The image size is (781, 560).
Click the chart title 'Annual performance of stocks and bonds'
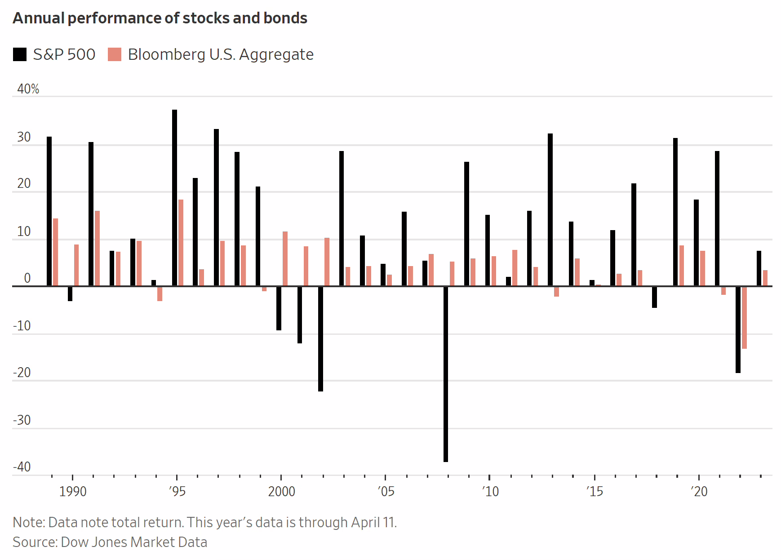pos(160,18)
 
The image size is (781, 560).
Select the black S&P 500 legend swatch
pos(20,54)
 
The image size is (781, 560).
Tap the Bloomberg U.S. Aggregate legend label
pos(221,54)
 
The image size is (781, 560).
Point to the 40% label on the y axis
pos(28,89)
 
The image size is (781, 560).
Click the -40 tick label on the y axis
pos(22,467)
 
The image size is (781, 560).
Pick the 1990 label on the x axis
pos(73,491)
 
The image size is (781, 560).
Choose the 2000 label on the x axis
pos(281,491)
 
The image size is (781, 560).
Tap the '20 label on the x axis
pos(699,491)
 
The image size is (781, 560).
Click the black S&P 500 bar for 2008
pos(446,374)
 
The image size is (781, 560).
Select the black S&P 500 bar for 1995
pos(174,198)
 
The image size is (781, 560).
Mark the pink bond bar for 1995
pos(181,243)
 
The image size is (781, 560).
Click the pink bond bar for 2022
pos(745,317)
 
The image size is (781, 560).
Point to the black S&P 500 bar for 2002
pos(320,339)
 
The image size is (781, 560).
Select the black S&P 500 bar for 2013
pos(550,209)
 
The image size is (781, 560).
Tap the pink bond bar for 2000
pos(285,259)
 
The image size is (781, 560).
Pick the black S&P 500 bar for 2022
pos(738,329)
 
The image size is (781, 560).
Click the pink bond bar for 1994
pos(160,293)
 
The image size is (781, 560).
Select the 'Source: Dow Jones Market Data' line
pos(110,542)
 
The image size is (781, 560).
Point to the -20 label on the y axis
pos(22,373)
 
